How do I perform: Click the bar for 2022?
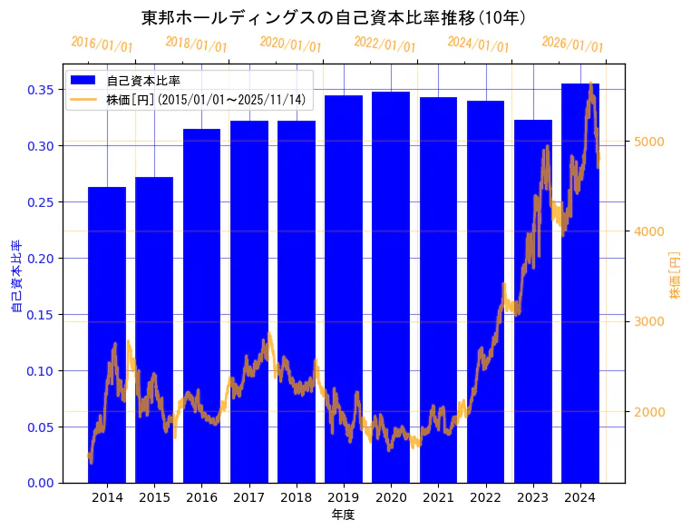tap(485, 291)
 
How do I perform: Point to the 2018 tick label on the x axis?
tap(296, 497)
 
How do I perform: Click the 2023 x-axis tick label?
tap(532, 497)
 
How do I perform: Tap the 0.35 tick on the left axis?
tap(42, 90)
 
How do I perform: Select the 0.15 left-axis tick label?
tap(42, 315)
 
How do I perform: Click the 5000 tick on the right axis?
tap(650, 141)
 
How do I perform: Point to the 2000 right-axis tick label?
tap(650, 412)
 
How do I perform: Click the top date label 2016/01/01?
tap(102, 44)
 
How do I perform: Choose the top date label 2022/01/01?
tap(384, 44)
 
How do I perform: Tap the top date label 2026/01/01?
tap(572, 44)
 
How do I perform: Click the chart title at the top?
tap(335, 17)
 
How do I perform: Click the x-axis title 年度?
tap(343, 515)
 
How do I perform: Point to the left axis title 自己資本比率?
tap(16, 276)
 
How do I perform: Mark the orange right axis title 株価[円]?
tap(675, 276)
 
